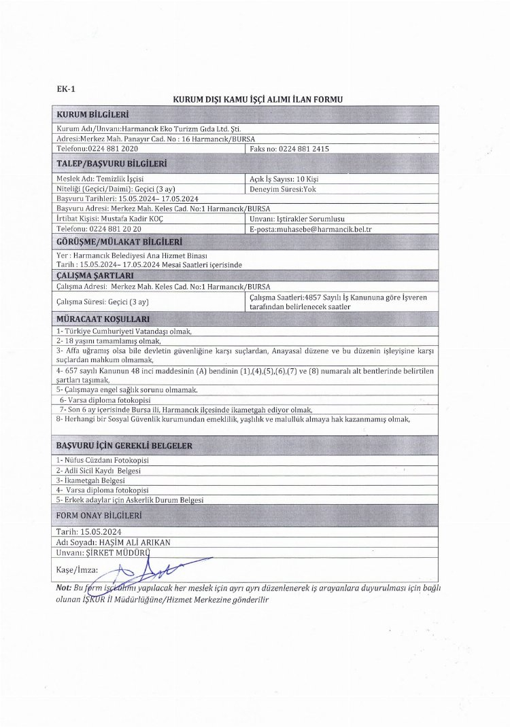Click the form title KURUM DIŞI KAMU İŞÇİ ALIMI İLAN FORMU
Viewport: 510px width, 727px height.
pyautogui.click(x=257, y=100)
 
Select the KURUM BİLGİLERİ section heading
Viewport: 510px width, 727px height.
pyautogui.click(x=93, y=114)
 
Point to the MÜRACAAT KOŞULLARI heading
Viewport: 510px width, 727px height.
pyautogui.click(x=103, y=318)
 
